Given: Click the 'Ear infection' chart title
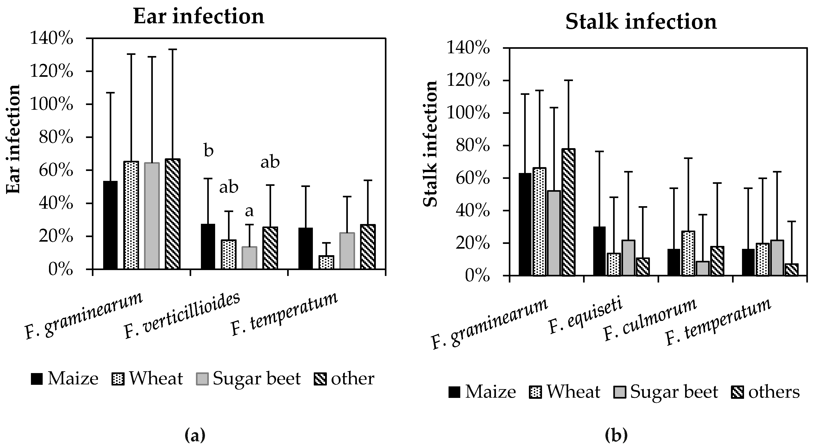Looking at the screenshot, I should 199,16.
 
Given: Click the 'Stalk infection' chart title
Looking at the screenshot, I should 641,22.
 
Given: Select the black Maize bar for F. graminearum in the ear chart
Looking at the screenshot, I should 110,225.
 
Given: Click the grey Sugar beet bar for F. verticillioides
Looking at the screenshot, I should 249,258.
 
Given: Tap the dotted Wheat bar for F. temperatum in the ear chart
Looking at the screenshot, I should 326,262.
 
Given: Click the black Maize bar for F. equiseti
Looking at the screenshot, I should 599,251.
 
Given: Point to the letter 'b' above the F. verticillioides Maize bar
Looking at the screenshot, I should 209,151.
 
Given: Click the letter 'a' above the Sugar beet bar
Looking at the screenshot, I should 249,211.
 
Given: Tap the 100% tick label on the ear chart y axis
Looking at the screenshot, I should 51,104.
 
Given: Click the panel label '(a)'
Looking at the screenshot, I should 195,435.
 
